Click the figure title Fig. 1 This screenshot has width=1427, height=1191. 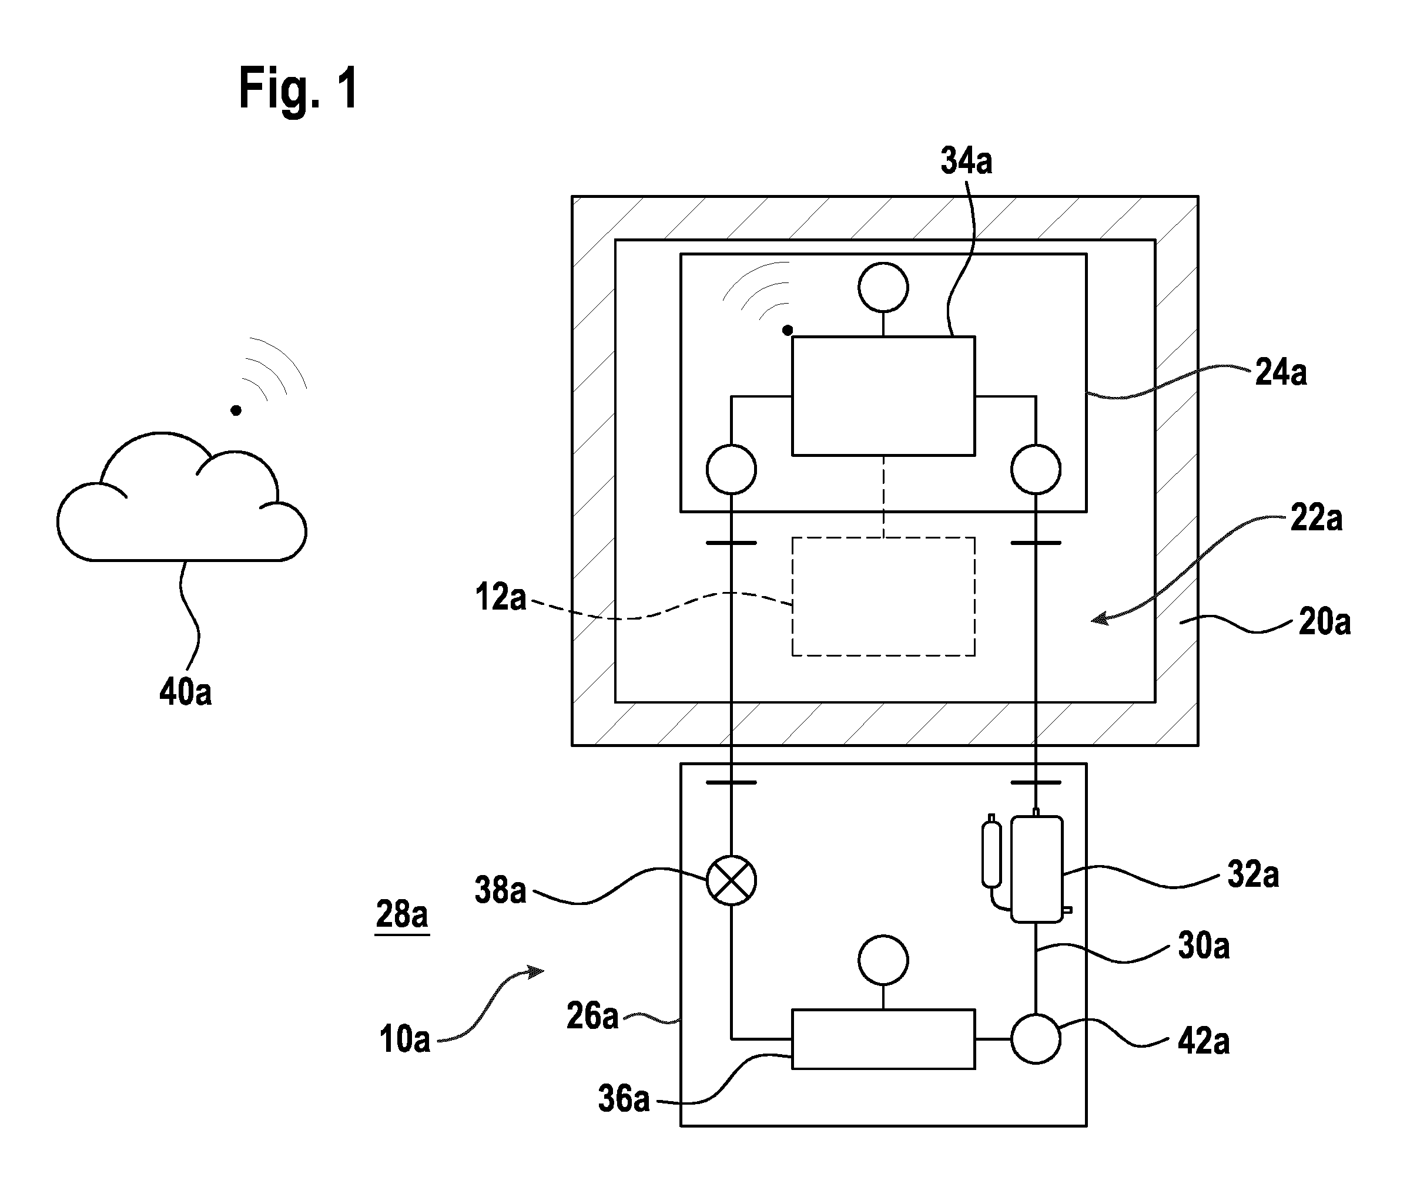click(299, 89)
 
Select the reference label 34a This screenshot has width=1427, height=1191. click(966, 162)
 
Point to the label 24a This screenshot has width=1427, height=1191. click(1281, 373)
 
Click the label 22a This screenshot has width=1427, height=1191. click(1317, 519)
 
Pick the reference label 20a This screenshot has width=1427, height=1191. click(1324, 623)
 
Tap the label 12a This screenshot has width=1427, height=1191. click(501, 597)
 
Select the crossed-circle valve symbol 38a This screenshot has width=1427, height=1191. click(731, 880)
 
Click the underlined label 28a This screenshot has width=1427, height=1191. click(401, 914)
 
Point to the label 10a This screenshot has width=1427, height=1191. click(404, 1039)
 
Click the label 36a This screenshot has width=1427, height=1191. click(624, 1099)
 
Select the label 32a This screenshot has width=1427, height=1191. click(1253, 874)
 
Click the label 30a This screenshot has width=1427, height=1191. click(1204, 946)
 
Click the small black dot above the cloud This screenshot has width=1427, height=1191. click(236, 410)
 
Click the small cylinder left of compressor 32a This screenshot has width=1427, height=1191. click(991, 852)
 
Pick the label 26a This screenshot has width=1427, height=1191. click(592, 1017)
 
